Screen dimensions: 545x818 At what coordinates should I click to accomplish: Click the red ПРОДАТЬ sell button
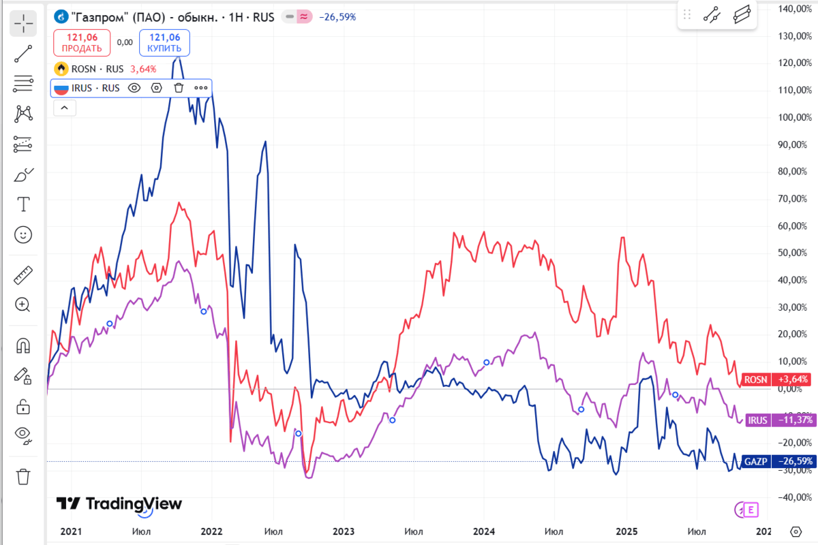[x=82, y=43]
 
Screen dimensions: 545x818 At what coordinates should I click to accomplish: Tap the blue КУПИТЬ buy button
[x=164, y=43]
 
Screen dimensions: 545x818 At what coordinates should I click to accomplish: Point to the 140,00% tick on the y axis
[x=793, y=9]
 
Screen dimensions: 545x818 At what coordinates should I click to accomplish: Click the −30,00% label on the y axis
[x=793, y=471]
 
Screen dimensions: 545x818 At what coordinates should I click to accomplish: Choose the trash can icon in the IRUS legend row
[x=179, y=87]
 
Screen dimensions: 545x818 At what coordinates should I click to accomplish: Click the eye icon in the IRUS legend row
[x=134, y=87]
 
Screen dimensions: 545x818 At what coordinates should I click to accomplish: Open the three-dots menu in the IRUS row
[x=200, y=87]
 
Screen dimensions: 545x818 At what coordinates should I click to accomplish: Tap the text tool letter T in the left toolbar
[x=23, y=204]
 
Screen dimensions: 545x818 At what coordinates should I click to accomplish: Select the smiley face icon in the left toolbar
[x=23, y=235]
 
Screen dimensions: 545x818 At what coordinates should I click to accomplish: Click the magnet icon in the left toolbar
[x=23, y=345]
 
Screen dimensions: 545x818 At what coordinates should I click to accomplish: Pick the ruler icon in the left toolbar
[x=23, y=276]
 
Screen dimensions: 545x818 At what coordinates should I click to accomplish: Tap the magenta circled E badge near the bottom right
[x=751, y=509]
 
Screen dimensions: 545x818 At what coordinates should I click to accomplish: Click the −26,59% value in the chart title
[x=337, y=16]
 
